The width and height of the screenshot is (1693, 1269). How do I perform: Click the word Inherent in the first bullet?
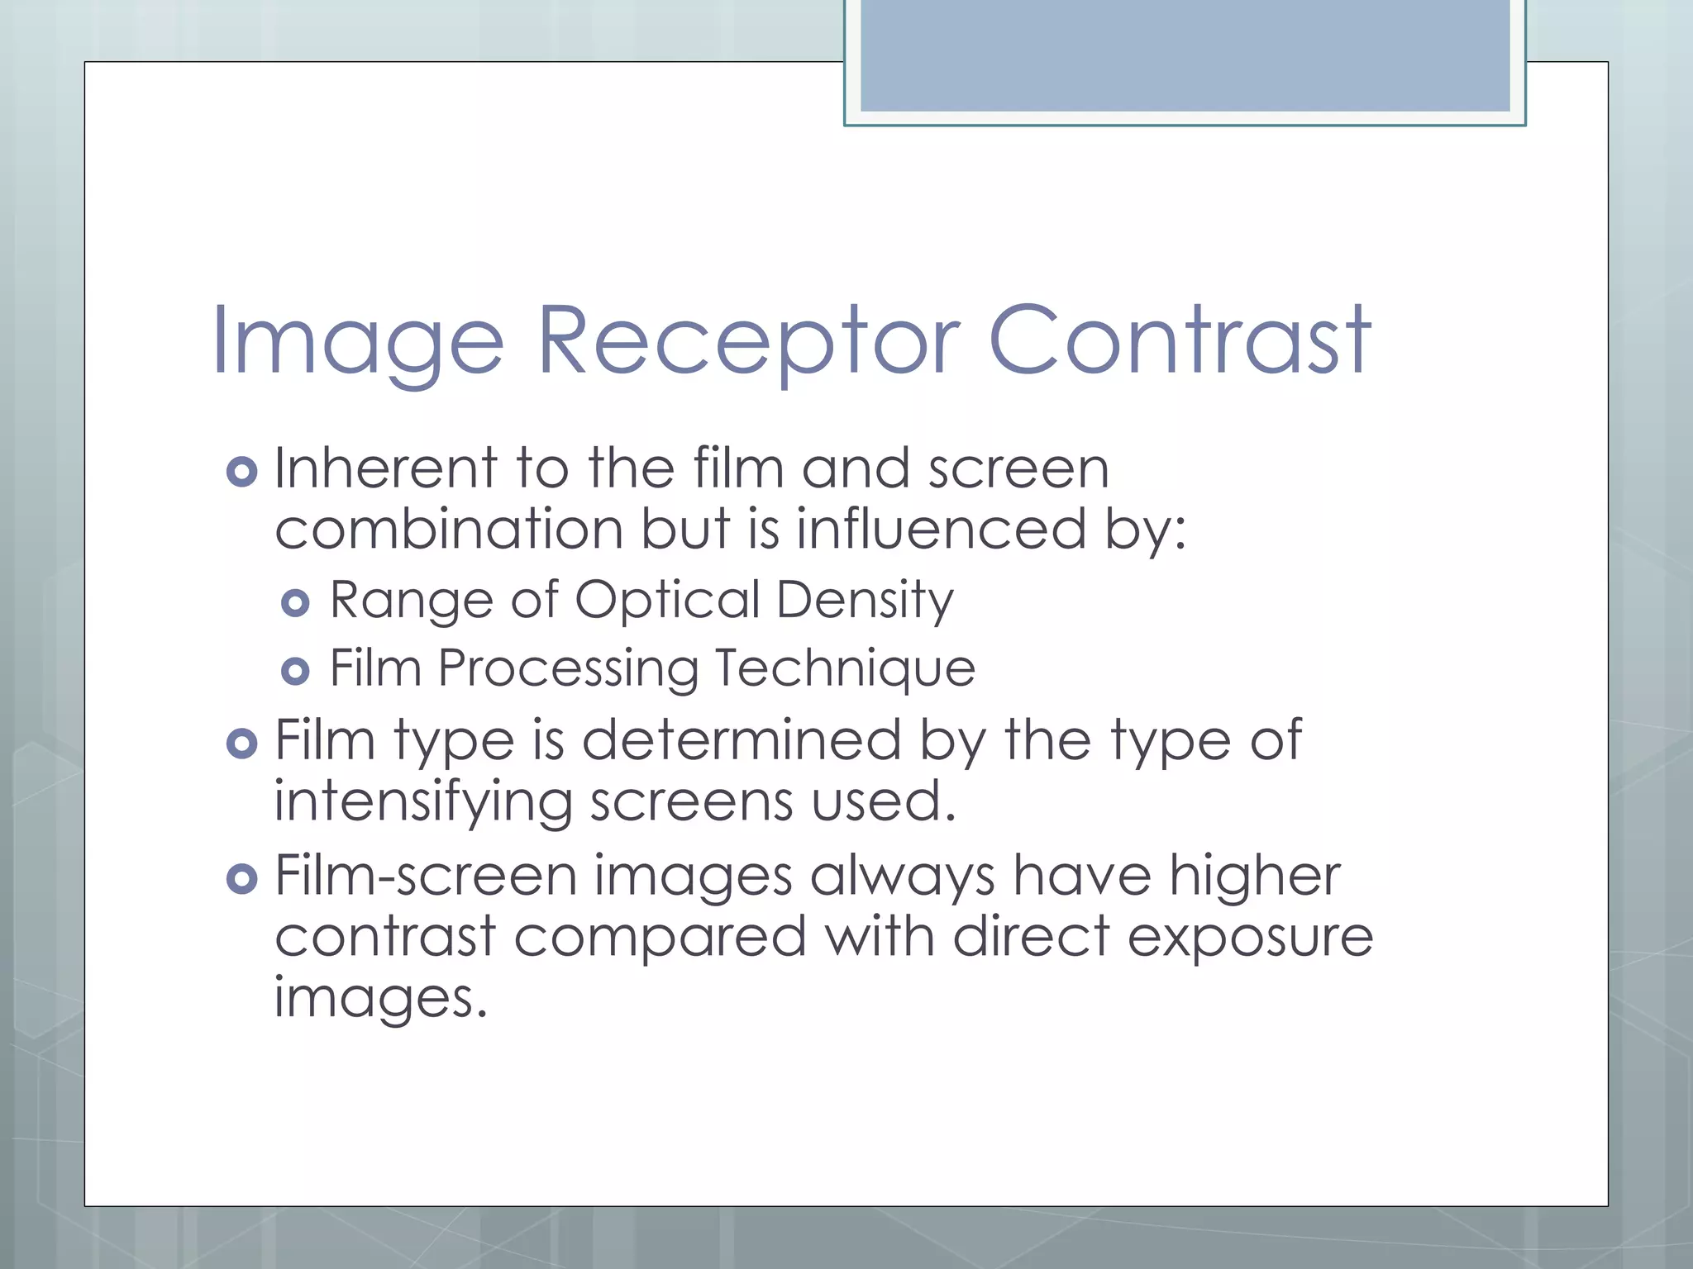(385, 468)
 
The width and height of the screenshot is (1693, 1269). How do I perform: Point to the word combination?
(449, 529)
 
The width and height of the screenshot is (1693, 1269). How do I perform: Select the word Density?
(865, 601)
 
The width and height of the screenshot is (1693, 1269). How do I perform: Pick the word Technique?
(844, 668)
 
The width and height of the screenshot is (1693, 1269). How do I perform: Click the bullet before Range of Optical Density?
(295, 602)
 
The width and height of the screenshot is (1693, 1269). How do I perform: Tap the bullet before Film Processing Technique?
(295, 671)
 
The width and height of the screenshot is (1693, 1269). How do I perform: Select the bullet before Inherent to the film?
(241, 472)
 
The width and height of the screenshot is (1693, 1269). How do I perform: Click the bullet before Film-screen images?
(241, 878)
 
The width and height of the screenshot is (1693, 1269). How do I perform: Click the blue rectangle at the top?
(1185, 56)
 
